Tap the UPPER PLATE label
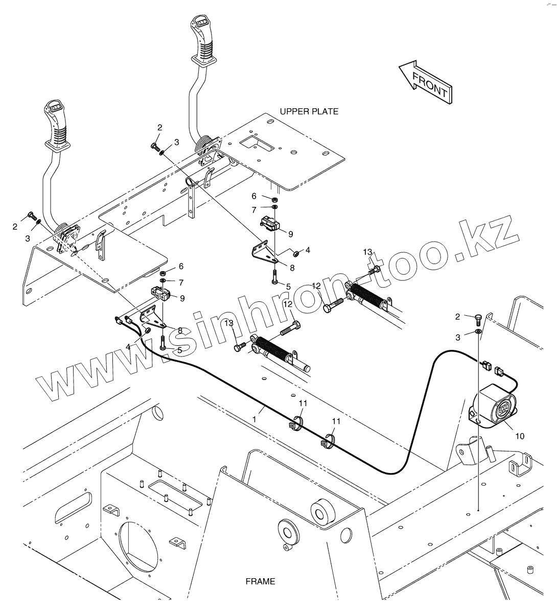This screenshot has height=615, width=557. coord(309,111)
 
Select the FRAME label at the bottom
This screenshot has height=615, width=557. coord(260,581)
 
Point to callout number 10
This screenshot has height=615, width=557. coord(519,436)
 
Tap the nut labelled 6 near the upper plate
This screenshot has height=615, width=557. coord(274,199)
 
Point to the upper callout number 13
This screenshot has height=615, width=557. coord(368,253)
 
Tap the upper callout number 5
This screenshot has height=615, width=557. coord(288,287)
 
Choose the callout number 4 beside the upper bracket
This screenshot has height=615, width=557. coord(308,250)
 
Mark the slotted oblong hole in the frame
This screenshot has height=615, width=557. coord(75,507)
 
